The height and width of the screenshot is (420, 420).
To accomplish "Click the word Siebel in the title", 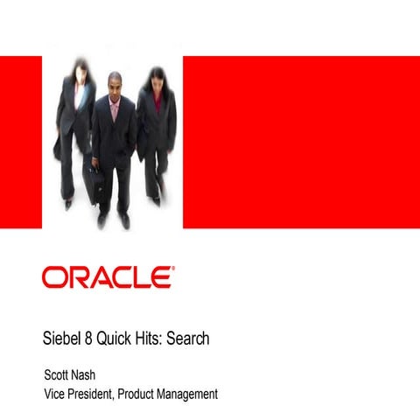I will click(65, 339).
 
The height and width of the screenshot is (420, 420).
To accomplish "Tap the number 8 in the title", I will click(95, 339).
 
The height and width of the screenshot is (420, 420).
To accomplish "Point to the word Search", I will click(188, 339).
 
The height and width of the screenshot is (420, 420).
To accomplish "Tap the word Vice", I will click(57, 394).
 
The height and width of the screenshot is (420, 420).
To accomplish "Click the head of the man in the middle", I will click(115, 85).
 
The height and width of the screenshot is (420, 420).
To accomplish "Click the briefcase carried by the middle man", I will click(93, 181).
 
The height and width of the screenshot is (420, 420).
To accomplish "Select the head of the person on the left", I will click(77, 67).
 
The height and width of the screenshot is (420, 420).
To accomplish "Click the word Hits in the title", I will click(153, 339).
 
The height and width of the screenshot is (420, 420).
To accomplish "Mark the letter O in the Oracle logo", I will click(54, 277).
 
